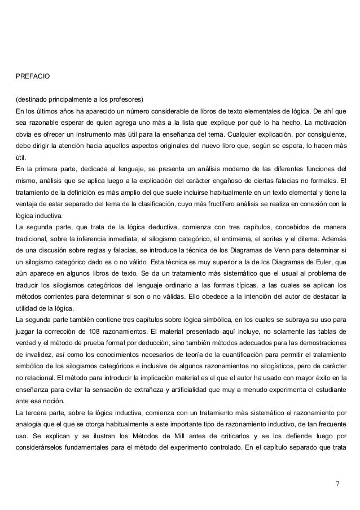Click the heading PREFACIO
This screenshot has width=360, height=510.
click(33, 75)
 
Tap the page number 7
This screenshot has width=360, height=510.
click(337, 484)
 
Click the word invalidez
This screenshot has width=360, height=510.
click(34, 356)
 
